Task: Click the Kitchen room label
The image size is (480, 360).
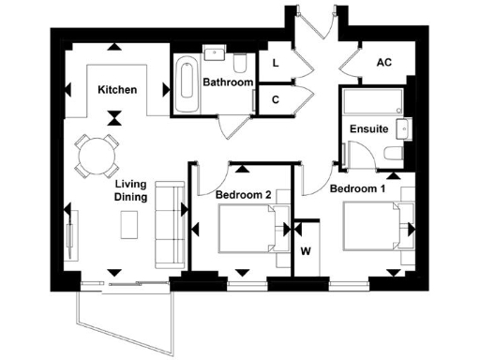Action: (x=117, y=90)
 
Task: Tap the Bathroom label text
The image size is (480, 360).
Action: (x=229, y=82)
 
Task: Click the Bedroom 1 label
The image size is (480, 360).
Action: (x=357, y=188)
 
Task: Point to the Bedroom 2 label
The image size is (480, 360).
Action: (x=243, y=194)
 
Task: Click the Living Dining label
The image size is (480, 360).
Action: (x=130, y=191)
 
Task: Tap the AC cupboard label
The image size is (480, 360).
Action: (x=383, y=62)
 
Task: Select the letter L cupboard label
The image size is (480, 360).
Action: (x=275, y=63)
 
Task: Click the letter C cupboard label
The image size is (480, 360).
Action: (x=276, y=99)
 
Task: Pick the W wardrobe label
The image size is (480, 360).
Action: (x=306, y=250)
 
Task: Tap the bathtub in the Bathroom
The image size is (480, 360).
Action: (x=186, y=86)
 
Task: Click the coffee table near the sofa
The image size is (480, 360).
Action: (x=130, y=225)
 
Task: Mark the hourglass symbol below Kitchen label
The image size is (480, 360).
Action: (x=114, y=118)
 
